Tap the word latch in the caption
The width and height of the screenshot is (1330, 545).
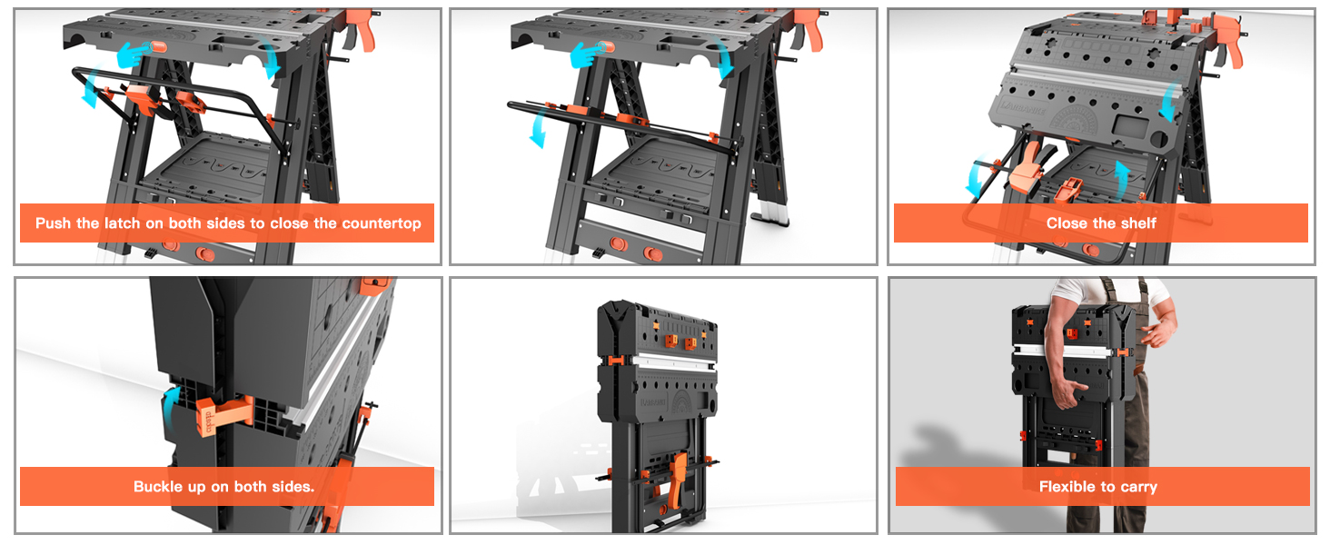[x=123, y=223]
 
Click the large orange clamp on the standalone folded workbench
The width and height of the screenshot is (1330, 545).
[x=677, y=481]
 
